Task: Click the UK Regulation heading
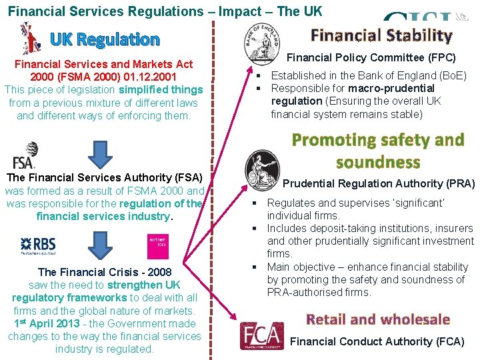click(105, 39)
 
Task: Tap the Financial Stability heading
click(381, 35)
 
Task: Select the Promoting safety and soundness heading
click(378, 151)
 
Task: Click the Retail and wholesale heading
click(378, 319)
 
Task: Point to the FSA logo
click(25, 155)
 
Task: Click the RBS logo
click(38, 246)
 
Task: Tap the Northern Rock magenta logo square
click(157, 243)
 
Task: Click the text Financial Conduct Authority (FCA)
click(377, 342)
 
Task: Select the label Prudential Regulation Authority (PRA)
click(379, 183)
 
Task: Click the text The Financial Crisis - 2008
click(105, 272)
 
